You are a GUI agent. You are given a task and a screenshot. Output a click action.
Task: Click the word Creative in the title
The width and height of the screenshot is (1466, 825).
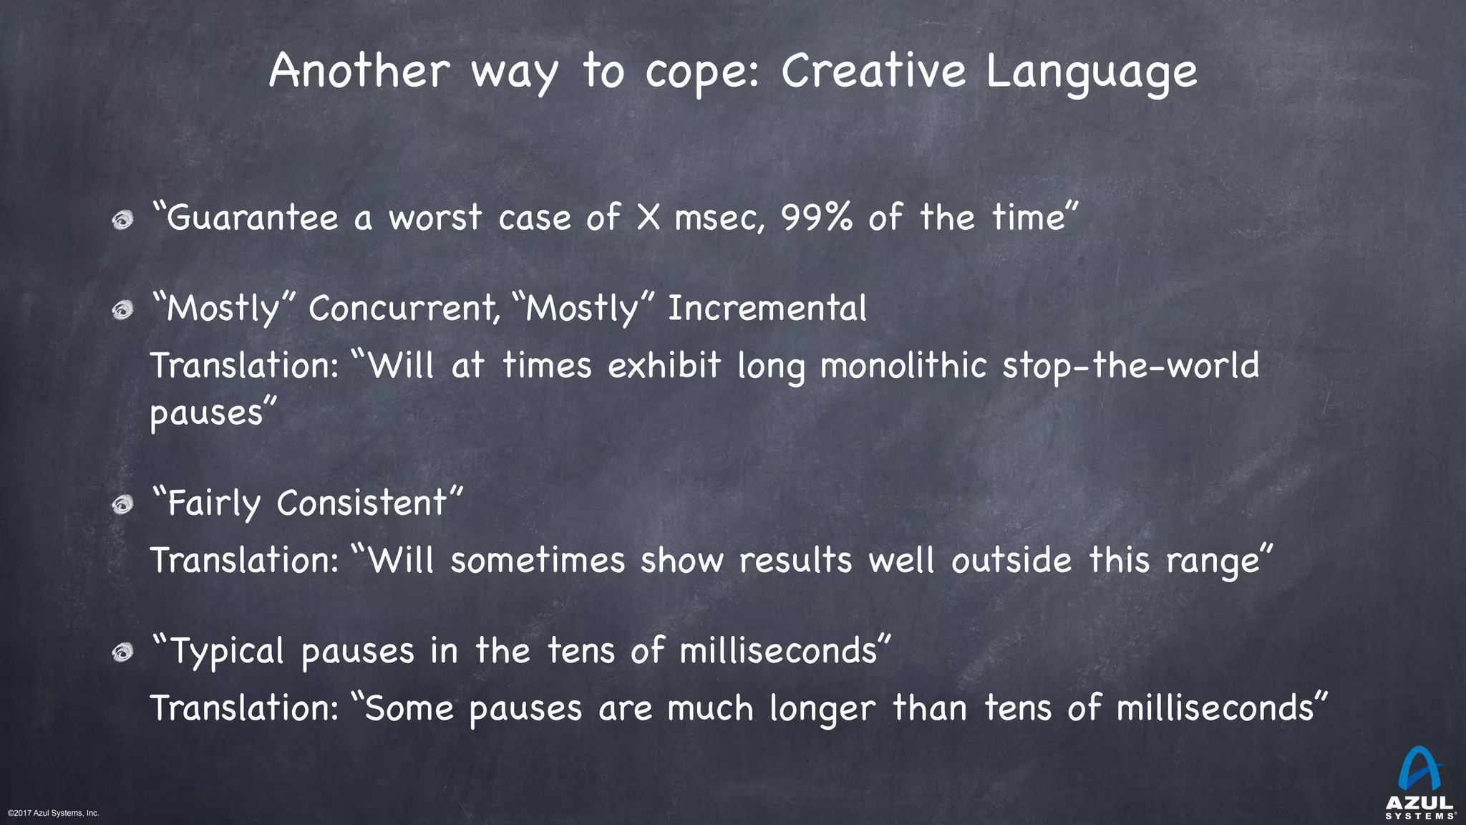(873, 72)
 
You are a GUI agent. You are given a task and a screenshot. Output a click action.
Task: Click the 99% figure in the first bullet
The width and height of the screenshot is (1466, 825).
(816, 218)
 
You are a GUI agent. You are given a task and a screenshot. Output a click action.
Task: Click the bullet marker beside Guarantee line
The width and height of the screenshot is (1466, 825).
(123, 220)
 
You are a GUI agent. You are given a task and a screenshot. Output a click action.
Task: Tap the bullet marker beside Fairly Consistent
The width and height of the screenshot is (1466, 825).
(123, 505)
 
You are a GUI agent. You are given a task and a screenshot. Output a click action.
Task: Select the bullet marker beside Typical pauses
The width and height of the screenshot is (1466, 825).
(123, 652)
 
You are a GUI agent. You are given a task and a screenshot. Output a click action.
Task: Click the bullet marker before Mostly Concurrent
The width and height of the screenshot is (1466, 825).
(123, 310)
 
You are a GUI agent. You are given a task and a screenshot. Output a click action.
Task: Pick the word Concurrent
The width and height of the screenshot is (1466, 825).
(404, 309)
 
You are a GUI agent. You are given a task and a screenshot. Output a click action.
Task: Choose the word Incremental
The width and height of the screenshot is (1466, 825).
(767, 309)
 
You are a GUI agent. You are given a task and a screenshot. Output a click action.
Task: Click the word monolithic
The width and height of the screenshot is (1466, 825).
(903, 366)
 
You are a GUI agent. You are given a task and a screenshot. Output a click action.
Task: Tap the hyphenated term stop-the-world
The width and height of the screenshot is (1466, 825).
(1130, 366)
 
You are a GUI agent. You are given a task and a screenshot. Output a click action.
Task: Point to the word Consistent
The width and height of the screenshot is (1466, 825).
(361, 503)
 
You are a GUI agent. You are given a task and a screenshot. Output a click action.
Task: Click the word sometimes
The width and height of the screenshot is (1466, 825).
(538, 560)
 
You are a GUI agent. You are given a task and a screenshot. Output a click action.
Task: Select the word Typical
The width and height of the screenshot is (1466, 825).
(228, 652)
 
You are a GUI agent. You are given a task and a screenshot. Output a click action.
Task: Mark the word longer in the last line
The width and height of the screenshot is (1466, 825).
(822, 709)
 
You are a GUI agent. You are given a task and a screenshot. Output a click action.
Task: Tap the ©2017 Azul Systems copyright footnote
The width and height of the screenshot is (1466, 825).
(53, 813)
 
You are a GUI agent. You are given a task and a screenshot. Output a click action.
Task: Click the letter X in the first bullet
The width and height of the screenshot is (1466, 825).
(648, 218)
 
